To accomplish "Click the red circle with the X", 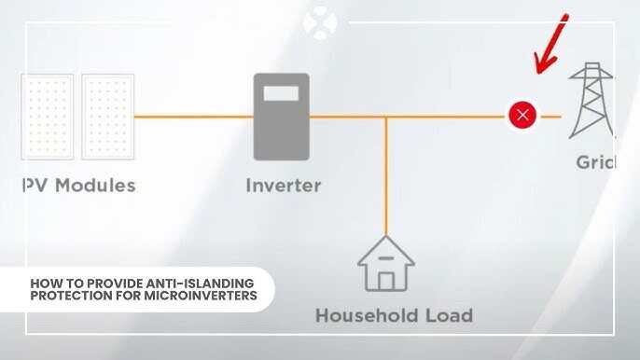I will coord(522,116).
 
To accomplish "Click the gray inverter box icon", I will coord(281,117).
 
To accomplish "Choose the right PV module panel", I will coord(107,117).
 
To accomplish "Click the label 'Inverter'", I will coord(283,185).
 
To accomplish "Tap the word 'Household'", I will coord(369,314).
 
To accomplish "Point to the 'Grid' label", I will coord(595,162).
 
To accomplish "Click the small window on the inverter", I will coord(281,93).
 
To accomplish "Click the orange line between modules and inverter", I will coord(193,117).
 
